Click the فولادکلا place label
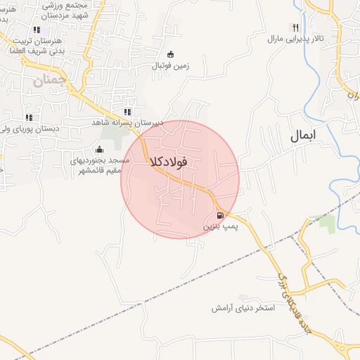(169, 162)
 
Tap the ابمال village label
(304, 135)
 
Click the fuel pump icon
(220, 216)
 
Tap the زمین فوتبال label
(170, 67)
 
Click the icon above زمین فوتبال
(170, 55)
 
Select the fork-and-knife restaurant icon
(296, 27)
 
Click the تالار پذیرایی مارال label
(295, 38)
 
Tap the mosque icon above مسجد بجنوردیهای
(98, 149)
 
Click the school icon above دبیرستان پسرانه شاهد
(127, 111)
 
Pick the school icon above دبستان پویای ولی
(29, 117)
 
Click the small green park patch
(327, 224)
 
